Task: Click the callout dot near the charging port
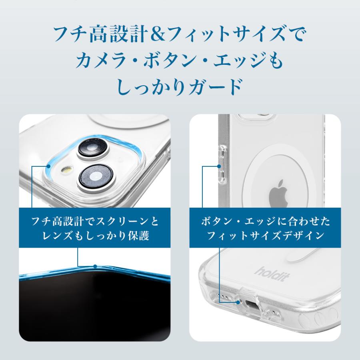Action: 239,303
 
